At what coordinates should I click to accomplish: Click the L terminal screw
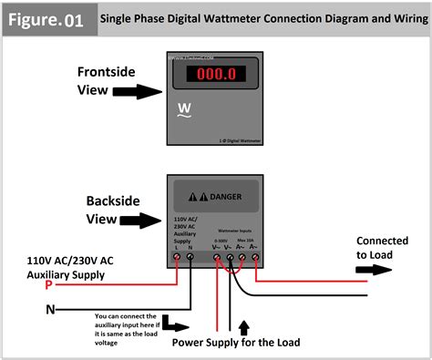tap(175, 258)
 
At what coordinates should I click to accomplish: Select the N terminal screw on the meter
tap(190, 258)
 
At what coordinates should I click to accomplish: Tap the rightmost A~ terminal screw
tap(256, 258)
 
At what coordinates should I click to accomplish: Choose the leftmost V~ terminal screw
tap(216, 258)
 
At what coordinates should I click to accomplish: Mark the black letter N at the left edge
tap(48, 309)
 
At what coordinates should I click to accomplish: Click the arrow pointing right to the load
tap(375, 270)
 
